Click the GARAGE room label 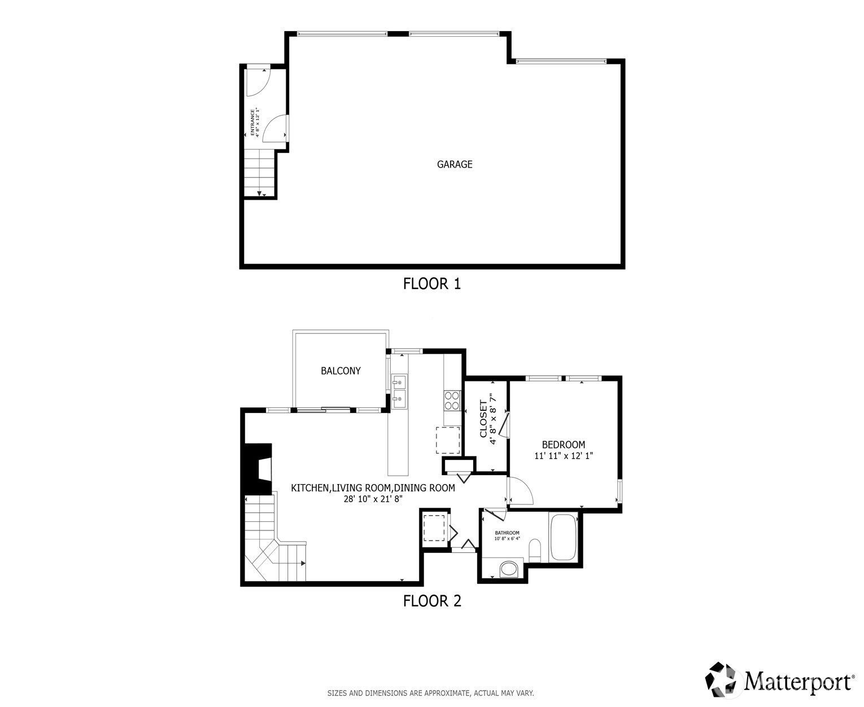click(x=454, y=165)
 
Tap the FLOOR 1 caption click(x=432, y=283)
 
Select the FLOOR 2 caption click(x=432, y=601)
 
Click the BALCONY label click(x=341, y=371)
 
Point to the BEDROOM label click(x=563, y=445)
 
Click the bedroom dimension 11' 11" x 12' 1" click(x=563, y=456)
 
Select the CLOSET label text click(x=483, y=419)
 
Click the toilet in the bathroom click(x=535, y=550)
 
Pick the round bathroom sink click(x=509, y=568)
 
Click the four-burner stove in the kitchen click(x=452, y=400)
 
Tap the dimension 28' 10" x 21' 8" click(x=373, y=499)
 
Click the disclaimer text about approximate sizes click(x=430, y=693)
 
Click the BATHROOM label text click(x=507, y=533)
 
